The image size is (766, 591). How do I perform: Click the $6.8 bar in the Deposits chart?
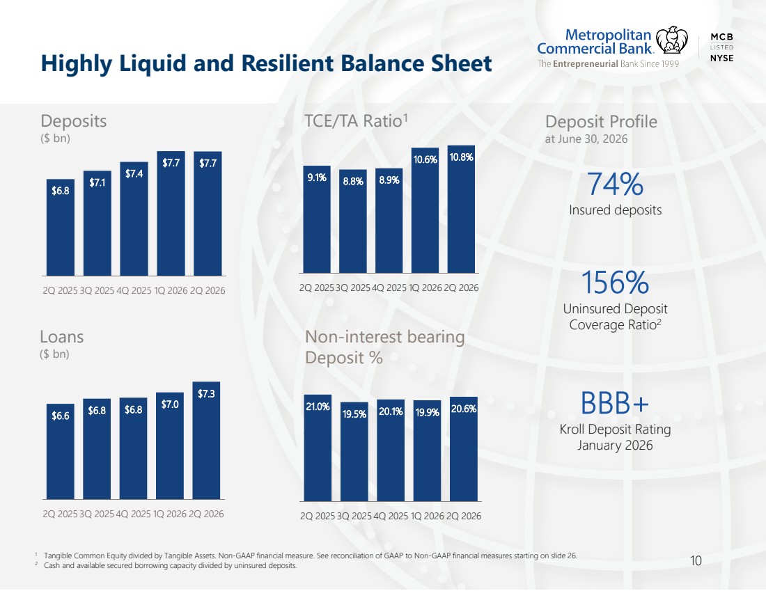[61, 228]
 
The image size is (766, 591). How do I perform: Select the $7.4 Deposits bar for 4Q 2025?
[134, 219]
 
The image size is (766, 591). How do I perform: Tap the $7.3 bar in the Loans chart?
[206, 440]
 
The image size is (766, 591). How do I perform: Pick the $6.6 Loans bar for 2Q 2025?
[61, 451]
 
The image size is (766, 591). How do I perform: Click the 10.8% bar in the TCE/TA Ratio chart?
[461, 209]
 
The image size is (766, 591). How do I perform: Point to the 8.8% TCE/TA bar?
[353, 221]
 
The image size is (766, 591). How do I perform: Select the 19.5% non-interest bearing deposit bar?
[354, 451]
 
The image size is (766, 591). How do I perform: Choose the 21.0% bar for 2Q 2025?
[318, 448]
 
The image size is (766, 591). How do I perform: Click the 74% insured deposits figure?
[615, 184]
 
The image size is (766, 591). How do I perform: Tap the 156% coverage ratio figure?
[615, 283]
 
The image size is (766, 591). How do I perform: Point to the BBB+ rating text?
[615, 403]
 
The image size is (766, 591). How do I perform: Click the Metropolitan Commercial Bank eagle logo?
[671, 40]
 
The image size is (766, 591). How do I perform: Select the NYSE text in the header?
[721, 58]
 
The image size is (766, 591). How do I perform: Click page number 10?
[696, 560]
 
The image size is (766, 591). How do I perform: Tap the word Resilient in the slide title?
[287, 63]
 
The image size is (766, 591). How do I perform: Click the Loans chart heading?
[61, 337]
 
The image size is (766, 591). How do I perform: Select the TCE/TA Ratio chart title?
[356, 120]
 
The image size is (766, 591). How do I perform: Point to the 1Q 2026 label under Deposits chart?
[171, 290]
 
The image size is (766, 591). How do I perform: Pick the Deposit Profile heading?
[601, 122]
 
